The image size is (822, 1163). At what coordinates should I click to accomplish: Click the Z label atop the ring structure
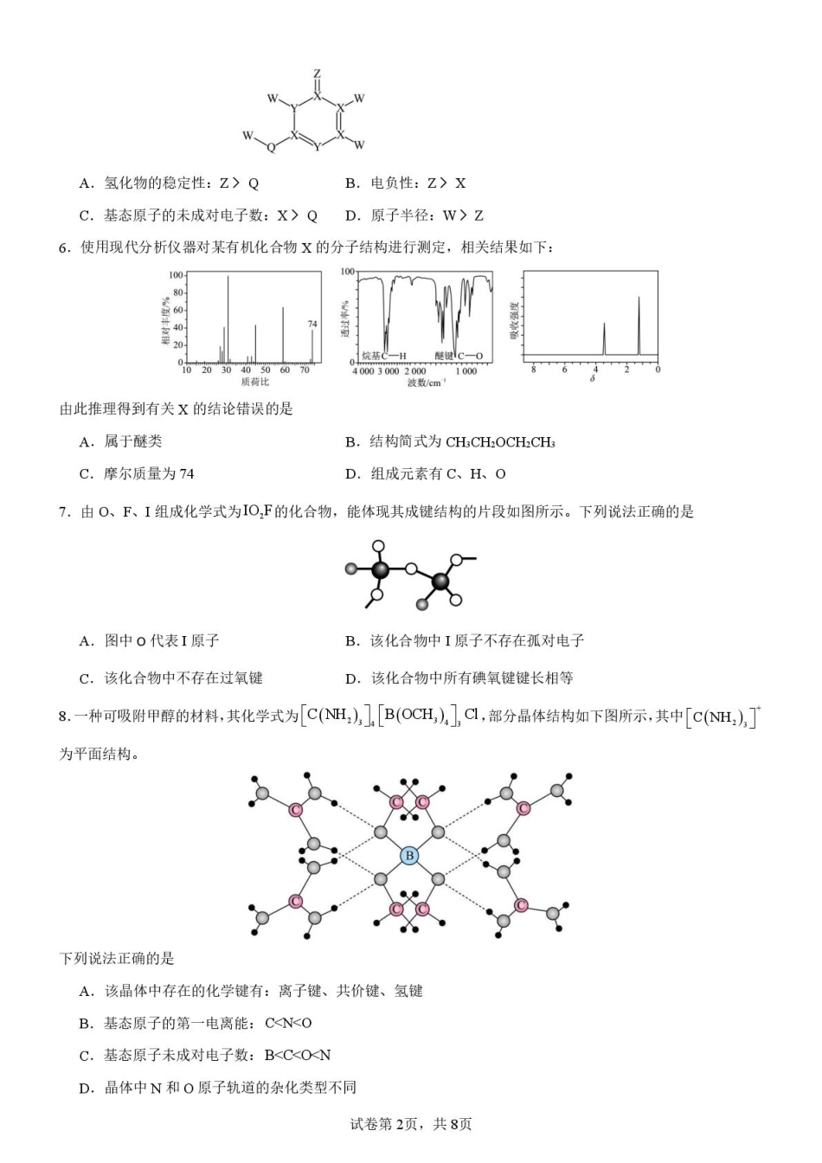pyautogui.click(x=318, y=74)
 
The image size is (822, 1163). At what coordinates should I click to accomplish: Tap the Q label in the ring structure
pyautogui.click(x=271, y=148)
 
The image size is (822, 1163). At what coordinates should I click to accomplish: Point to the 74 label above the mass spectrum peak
pyautogui.click(x=312, y=324)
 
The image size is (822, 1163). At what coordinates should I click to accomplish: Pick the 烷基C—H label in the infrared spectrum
pyautogui.click(x=383, y=356)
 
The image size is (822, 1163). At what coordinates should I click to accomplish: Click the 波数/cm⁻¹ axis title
pyautogui.click(x=427, y=382)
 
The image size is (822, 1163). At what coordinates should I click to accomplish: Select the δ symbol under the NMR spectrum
pyautogui.click(x=593, y=379)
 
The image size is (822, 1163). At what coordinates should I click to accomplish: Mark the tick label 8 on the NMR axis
pyautogui.click(x=534, y=369)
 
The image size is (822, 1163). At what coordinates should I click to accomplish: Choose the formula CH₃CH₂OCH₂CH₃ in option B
pyautogui.click(x=500, y=442)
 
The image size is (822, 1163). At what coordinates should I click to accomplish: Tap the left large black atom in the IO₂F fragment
pyautogui.click(x=379, y=569)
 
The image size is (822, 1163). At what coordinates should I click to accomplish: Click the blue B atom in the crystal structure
pyautogui.click(x=408, y=856)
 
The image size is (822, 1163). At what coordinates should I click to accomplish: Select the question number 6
pyautogui.click(x=64, y=248)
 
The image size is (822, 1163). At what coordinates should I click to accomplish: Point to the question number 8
pyautogui.click(x=63, y=716)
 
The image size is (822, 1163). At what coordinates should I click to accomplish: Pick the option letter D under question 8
pyautogui.click(x=86, y=1088)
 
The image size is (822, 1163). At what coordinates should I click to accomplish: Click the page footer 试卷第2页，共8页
pyautogui.click(x=411, y=1124)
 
